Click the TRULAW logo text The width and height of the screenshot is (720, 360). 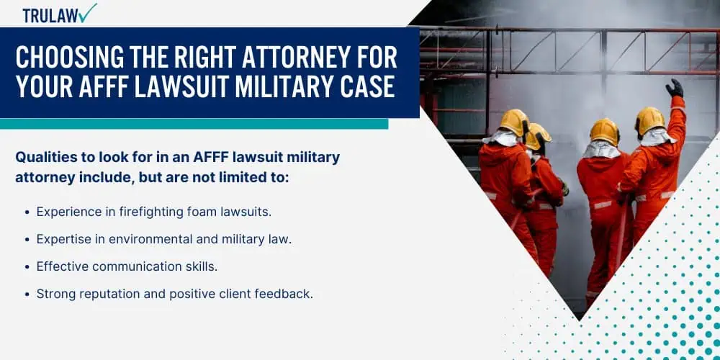point(50,15)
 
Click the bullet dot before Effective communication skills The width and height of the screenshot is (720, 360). point(27,267)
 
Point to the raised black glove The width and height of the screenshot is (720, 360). point(675,88)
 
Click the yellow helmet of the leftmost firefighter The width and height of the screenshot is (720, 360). point(515,122)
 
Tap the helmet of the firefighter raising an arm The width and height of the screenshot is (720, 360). point(649,121)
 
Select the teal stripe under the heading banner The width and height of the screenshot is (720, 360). point(194,124)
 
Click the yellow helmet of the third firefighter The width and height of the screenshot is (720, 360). point(604,132)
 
